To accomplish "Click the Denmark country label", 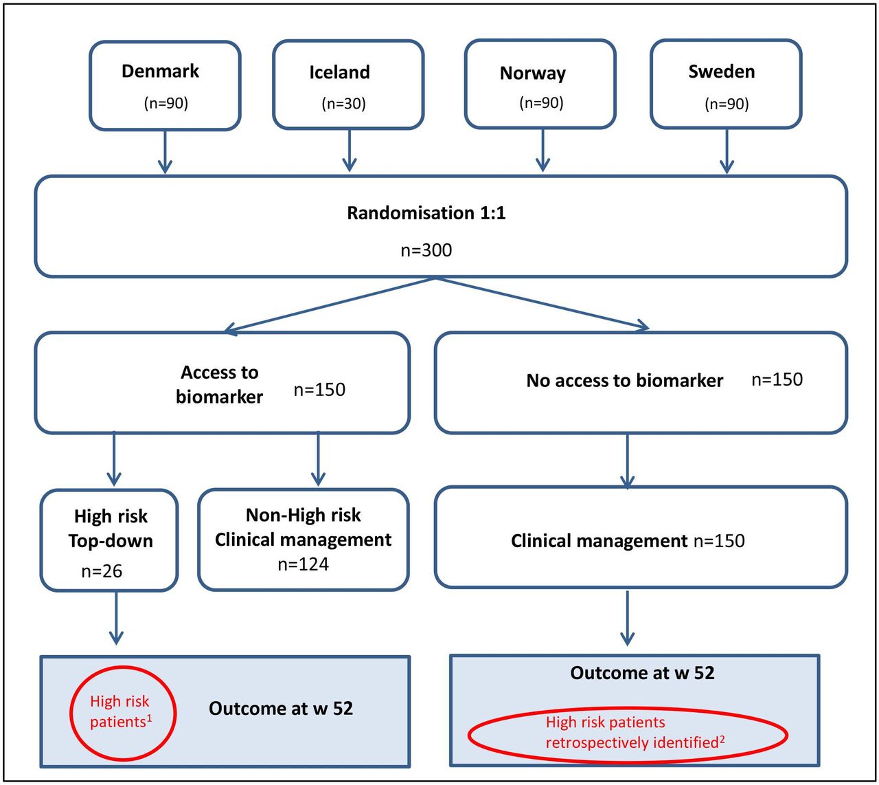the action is (x=160, y=71).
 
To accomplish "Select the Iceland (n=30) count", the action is (x=343, y=103).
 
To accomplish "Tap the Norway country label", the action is (x=533, y=74).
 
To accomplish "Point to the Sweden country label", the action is (x=722, y=71).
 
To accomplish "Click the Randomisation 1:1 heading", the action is (x=426, y=213).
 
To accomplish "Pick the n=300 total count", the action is (x=426, y=250).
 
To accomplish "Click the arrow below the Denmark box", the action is (x=165, y=152).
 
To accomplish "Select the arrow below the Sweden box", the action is (x=727, y=151).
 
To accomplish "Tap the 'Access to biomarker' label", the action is (x=219, y=384).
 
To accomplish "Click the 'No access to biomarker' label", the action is (x=625, y=381).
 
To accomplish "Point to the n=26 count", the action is (x=102, y=571).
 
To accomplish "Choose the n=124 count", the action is (x=304, y=564).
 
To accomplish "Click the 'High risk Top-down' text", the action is (x=111, y=528).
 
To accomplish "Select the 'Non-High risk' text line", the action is (x=304, y=515).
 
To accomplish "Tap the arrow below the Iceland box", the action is (x=350, y=151).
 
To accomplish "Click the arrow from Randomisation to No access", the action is (x=543, y=303).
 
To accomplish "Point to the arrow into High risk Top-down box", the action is (x=114, y=458).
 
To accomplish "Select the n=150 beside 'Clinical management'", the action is (x=719, y=541).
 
